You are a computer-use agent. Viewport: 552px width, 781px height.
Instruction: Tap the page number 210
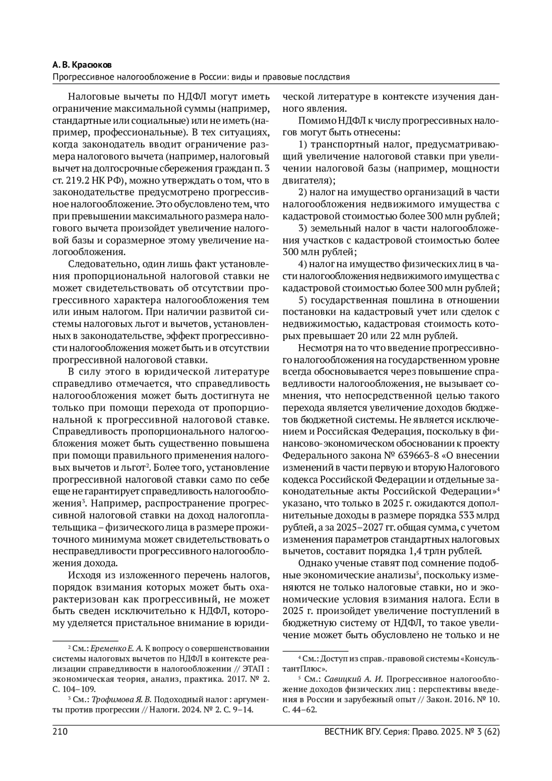[x=60, y=731]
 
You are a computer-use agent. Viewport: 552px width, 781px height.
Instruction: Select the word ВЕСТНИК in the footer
[x=343, y=731]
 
